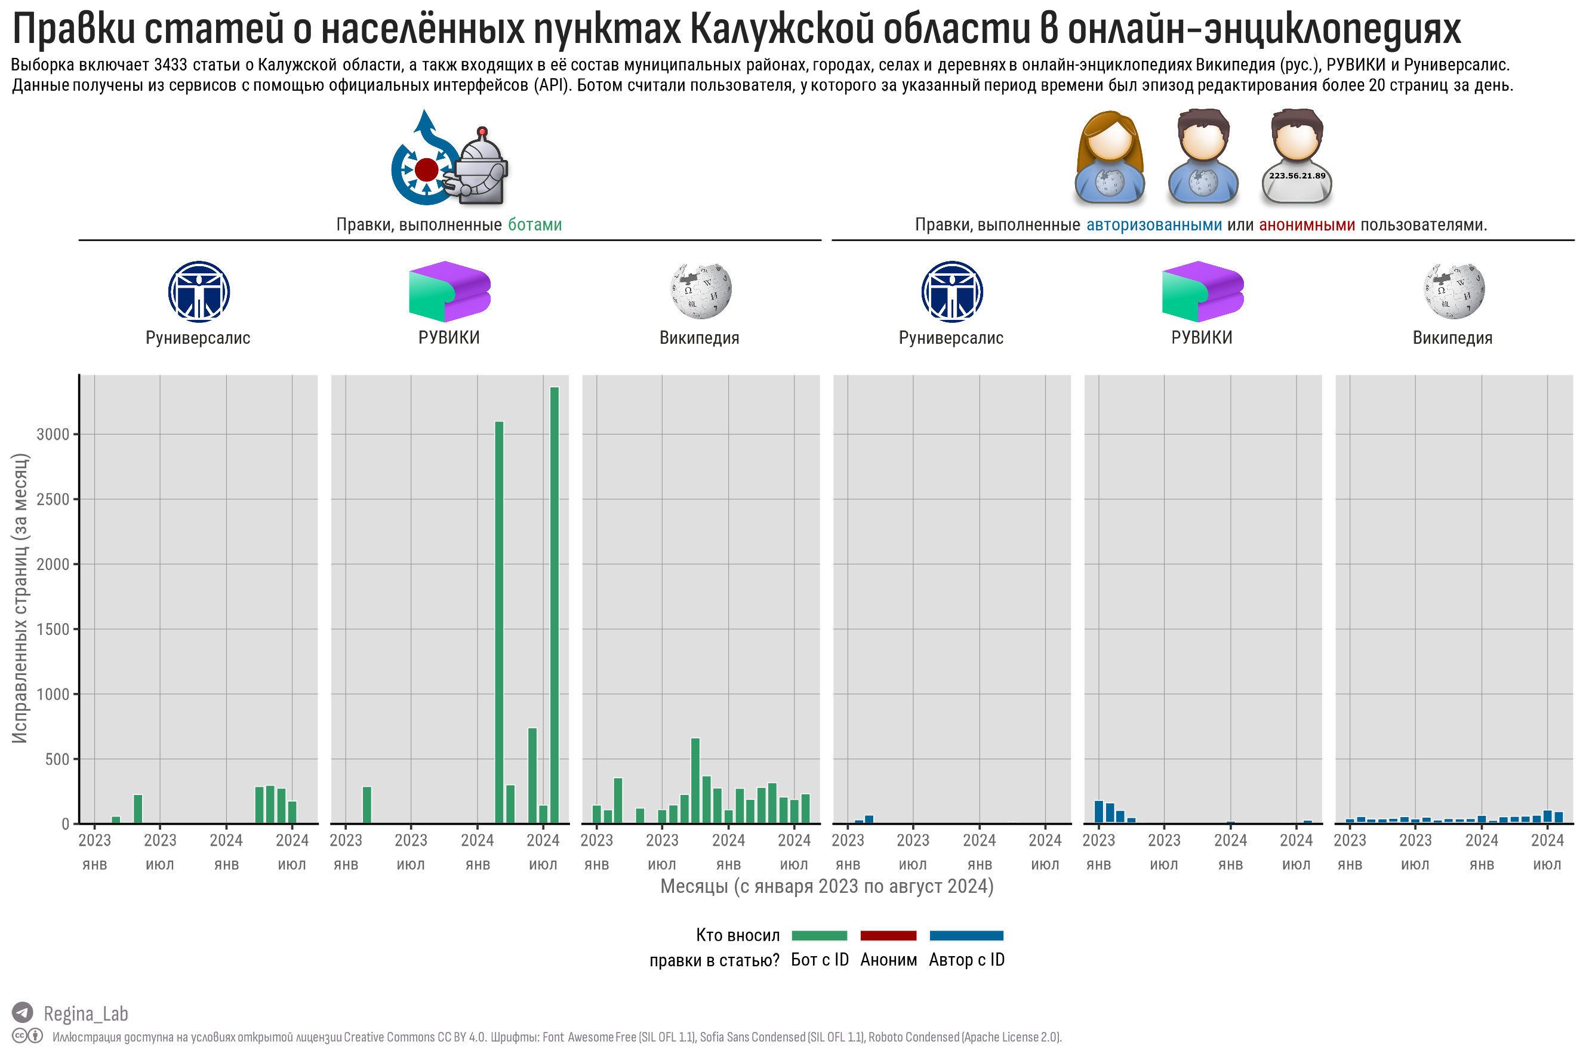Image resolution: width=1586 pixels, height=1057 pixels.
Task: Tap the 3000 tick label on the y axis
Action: [x=53, y=434]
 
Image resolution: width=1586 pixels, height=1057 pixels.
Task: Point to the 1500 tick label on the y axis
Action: [x=53, y=629]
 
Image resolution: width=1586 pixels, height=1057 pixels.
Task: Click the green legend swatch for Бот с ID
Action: [x=819, y=936]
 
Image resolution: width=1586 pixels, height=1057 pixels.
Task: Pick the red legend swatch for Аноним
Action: [x=888, y=936]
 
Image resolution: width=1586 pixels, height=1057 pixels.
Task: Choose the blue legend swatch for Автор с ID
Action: [x=966, y=936]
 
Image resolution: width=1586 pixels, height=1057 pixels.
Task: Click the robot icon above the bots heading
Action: [x=480, y=166]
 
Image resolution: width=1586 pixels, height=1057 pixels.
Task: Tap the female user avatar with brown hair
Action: [x=1109, y=157]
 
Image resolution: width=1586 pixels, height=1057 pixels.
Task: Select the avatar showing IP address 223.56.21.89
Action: [x=1296, y=157]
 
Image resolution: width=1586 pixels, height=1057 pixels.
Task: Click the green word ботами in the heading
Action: [x=534, y=224]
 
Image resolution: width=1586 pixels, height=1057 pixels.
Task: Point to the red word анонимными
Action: [x=1306, y=224]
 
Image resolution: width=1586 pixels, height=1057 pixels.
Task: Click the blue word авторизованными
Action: [x=1153, y=224]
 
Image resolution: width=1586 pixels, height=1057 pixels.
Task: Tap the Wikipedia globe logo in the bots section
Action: [x=700, y=291]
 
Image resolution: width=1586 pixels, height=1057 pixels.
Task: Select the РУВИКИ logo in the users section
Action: [x=1202, y=291]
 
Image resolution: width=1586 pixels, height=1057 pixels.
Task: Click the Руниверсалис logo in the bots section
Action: [x=199, y=291]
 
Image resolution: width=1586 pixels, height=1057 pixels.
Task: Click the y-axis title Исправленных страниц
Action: [x=20, y=598]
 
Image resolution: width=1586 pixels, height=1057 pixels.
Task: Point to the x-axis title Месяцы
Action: [x=826, y=886]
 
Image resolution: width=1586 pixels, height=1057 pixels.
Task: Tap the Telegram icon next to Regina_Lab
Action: [x=22, y=1012]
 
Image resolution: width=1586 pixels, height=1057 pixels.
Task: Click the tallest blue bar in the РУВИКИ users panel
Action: [x=1099, y=812]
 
